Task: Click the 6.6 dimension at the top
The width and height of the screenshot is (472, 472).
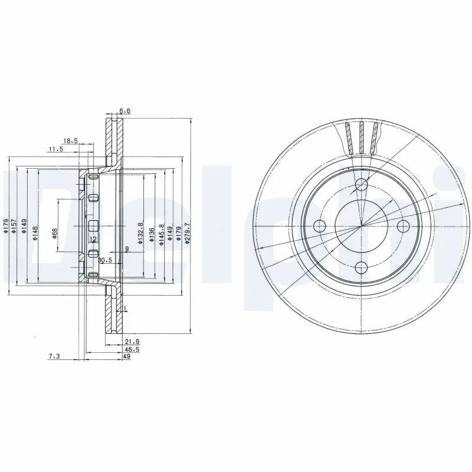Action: (124, 111)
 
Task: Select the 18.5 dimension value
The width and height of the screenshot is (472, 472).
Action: (71, 140)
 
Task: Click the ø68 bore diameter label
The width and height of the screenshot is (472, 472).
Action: (55, 233)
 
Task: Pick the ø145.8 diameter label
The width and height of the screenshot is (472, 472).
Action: (161, 230)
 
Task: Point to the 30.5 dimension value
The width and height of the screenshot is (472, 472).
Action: (105, 260)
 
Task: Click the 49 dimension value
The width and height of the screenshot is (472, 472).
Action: (127, 358)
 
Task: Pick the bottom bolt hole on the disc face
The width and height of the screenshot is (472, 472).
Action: (362, 267)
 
